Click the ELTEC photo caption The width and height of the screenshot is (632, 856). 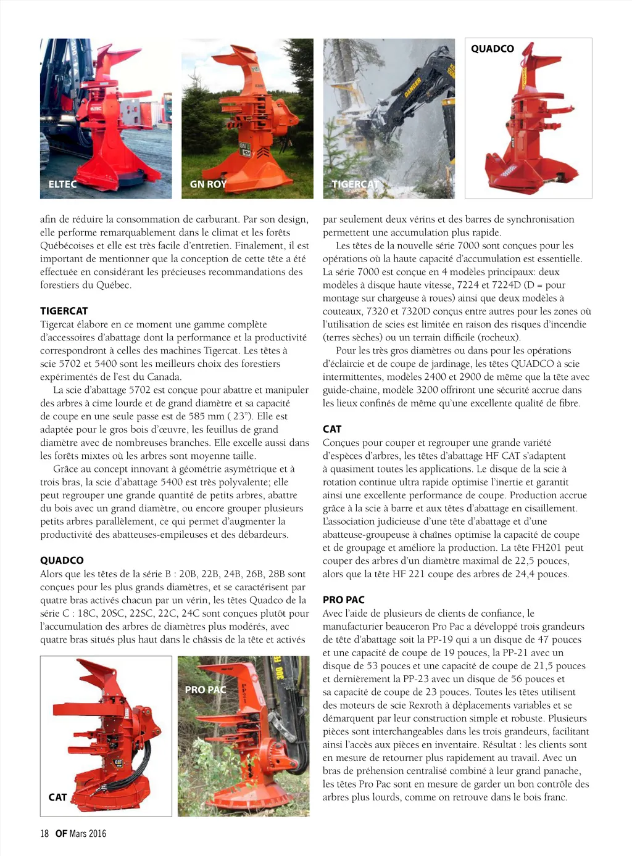coord(62,184)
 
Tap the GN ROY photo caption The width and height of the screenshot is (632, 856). coord(208,184)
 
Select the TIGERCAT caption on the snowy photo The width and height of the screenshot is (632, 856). coord(355,184)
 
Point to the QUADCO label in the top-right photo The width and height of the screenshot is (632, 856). coord(493,49)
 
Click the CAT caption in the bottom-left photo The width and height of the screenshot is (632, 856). coord(57,797)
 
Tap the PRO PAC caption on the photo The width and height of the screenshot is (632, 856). coord(206,690)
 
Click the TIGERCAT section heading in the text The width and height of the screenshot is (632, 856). coord(64,311)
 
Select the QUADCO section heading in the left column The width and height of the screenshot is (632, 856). coord(62,561)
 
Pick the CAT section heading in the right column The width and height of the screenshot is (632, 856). coord(332,429)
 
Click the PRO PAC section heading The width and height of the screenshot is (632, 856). coord(344,600)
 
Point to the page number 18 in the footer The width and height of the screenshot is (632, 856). coord(44,834)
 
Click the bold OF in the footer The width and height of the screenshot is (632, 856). coord(61,834)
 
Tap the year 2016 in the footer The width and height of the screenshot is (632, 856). coord(97,834)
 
